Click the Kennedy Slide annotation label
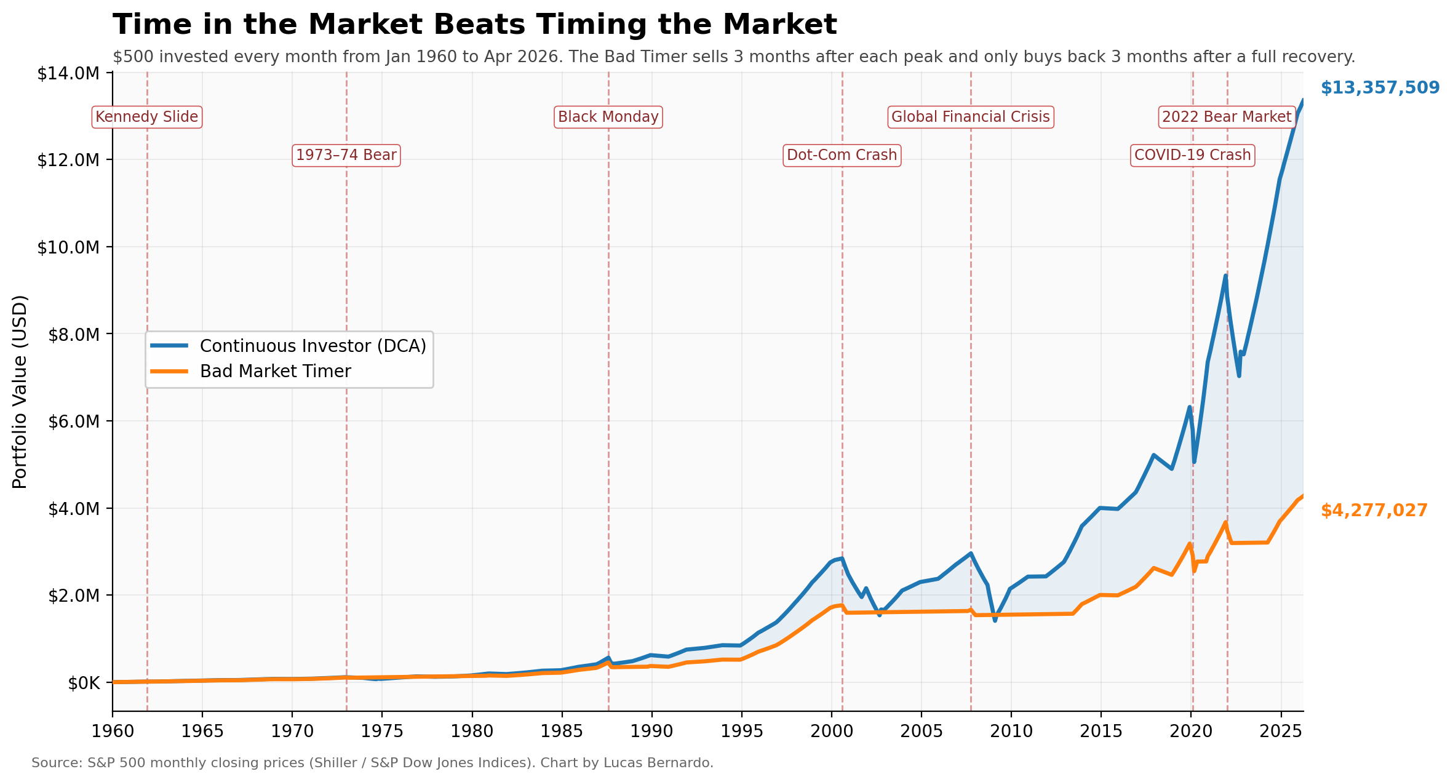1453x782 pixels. click(x=146, y=117)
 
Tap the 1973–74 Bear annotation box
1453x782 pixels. click(x=346, y=155)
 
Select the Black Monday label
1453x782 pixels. click(x=608, y=117)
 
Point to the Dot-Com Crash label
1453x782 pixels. click(x=842, y=155)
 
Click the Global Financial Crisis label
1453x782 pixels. click(x=970, y=117)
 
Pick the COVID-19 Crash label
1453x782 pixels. click(x=1192, y=155)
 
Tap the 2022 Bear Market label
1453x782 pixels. click(x=1227, y=117)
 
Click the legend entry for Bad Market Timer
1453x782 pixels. click(x=275, y=372)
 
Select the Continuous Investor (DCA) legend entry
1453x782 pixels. click(x=312, y=346)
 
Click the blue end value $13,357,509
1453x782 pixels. click(x=1380, y=88)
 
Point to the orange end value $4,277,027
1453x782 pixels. click(x=1374, y=511)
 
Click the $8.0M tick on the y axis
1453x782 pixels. click(x=68, y=334)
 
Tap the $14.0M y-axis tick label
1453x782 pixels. click(x=68, y=74)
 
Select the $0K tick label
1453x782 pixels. click(x=83, y=683)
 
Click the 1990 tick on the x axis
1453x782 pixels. click(x=651, y=732)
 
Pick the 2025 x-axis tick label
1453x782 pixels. click(x=1281, y=732)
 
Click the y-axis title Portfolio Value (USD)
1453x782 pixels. click(x=20, y=392)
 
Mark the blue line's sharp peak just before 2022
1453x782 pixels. click(x=1225, y=276)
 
